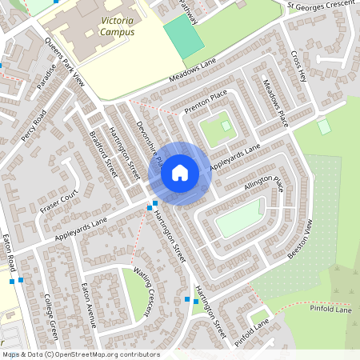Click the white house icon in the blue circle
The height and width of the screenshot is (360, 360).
tap(180, 173)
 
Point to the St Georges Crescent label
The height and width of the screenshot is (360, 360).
tap(319, 6)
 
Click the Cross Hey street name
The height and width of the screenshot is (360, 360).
tap(299, 66)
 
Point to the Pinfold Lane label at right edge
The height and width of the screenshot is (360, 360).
tap(332, 309)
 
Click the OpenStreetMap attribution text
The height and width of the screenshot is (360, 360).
tap(80, 354)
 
